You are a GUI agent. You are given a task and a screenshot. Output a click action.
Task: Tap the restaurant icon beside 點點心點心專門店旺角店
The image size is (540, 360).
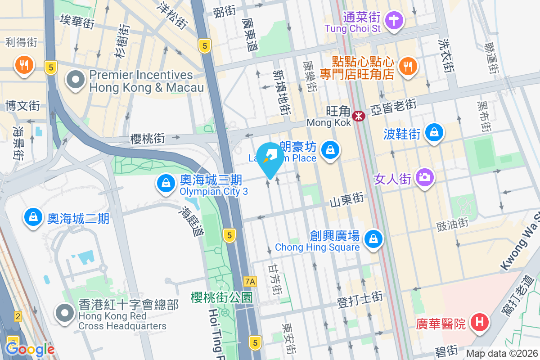coord(408,66)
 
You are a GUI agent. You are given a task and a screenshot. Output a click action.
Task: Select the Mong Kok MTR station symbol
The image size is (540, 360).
coord(359,116)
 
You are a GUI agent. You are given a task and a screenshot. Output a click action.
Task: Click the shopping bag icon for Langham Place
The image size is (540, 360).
coord(331,149)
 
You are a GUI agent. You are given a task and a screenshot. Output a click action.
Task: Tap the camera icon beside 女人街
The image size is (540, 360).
coord(424,177)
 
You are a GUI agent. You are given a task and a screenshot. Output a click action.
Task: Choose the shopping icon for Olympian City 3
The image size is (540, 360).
coord(166,183)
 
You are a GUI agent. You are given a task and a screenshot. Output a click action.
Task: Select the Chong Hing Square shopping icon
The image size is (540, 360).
coord(373,238)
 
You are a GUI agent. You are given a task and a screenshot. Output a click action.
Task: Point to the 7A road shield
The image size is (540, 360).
coord(250,282)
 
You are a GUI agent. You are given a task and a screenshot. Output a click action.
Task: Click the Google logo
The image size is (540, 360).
coord(30,349)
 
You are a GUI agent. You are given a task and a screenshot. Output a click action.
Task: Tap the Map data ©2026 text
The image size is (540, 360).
coord(501,354)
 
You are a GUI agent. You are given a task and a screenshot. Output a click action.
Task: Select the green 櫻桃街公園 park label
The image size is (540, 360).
coord(221,297)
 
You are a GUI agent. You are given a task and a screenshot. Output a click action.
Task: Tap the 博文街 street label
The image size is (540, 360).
coord(23,106)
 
